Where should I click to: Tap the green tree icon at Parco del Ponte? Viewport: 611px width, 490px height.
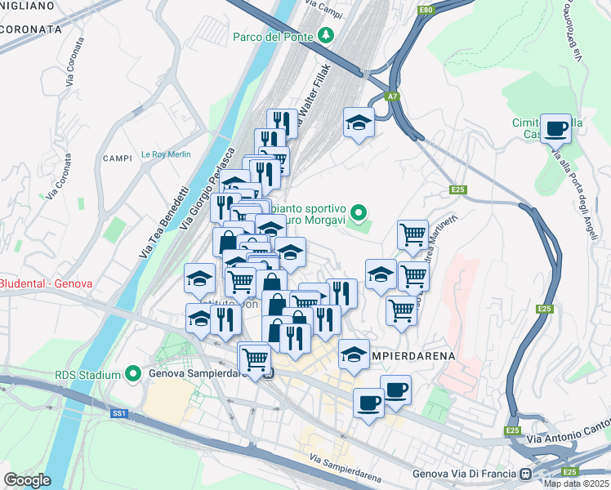(x=327, y=35)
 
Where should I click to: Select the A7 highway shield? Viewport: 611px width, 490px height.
(x=394, y=96)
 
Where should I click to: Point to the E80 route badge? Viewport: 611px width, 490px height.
(x=425, y=10)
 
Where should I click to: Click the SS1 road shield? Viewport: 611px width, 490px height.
(x=119, y=414)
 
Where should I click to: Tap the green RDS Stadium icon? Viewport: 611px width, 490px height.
(x=134, y=375)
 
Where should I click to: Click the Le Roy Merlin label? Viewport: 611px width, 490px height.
(x=165, y=154)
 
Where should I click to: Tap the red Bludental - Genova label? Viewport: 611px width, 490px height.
(x=46, y=283)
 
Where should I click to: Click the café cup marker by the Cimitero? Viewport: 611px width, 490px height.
(x=555, y=128)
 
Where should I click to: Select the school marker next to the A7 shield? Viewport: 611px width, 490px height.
(x=359, y=122)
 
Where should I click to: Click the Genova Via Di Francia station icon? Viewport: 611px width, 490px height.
(x=526, y=474)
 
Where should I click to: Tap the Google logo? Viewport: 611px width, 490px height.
(x=27, y=480)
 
